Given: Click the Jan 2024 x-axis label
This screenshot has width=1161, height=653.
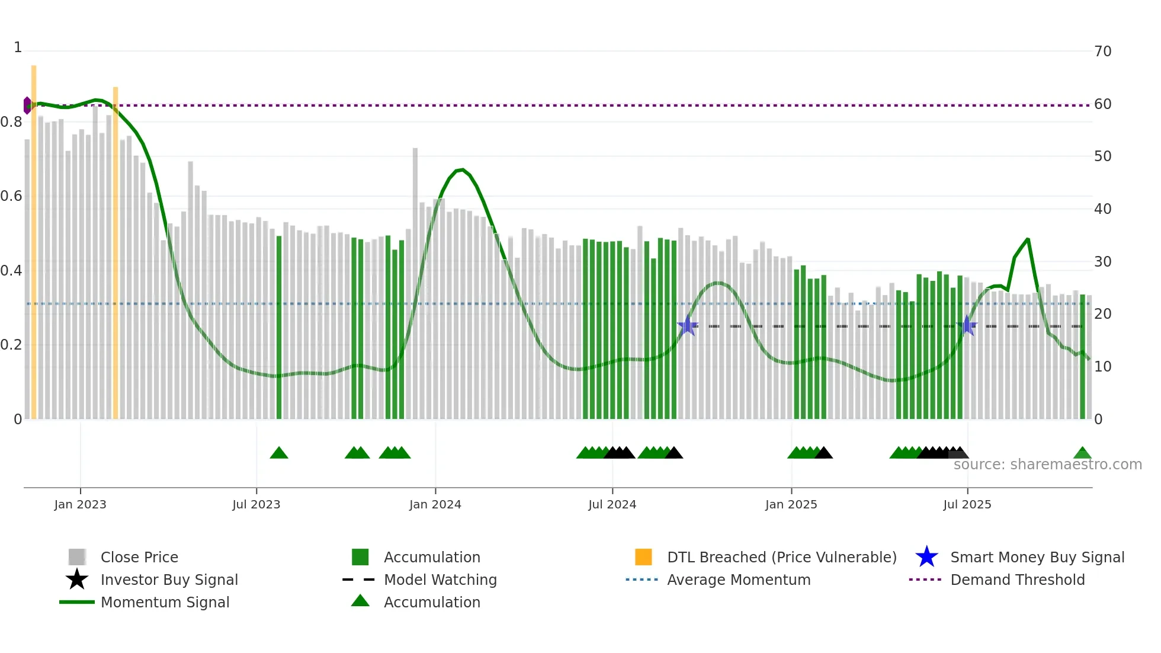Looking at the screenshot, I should [435, 504].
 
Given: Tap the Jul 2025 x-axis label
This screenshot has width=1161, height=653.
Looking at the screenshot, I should [967, 504].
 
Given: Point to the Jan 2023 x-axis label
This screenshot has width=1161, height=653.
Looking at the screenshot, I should [80, 504].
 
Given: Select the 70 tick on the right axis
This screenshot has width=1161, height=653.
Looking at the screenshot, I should [1102, 52].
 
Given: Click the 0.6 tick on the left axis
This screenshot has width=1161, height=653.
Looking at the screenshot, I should [11, 196].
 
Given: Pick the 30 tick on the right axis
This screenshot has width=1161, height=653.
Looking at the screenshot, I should [1102, 262].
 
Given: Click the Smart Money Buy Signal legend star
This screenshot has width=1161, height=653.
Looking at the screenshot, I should [926, 557].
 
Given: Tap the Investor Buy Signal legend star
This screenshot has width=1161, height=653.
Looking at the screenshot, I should [77, 580].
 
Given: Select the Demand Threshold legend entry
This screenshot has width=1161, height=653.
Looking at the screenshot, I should [1017, 580].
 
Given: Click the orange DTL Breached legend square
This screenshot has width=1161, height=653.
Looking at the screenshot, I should [643, 557].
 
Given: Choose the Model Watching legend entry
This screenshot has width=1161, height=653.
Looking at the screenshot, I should [440, 580].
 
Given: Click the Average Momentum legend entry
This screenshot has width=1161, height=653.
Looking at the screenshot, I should [738, 580].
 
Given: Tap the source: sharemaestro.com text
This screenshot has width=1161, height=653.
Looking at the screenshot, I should [1047, 465].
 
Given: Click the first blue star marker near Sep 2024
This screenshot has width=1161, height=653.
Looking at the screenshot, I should [688, 325].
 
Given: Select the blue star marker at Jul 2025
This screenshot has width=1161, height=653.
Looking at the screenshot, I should [967, 325].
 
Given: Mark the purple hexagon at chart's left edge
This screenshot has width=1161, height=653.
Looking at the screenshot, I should [27, 105].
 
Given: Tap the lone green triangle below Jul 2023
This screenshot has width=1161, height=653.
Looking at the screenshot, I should [279, 453].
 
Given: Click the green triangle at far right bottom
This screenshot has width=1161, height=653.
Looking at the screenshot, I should [1082, 453].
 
